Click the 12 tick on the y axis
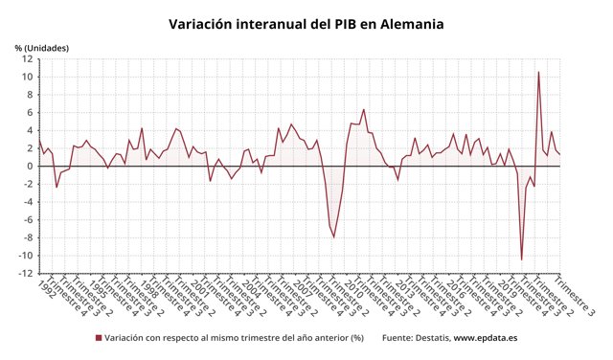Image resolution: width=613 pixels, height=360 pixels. pos(29,58)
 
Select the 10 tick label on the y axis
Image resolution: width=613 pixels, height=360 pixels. pos(29,77)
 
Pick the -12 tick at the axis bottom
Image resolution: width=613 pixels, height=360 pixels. pos(27,274)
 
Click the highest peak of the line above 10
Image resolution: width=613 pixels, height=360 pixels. pos(538,72)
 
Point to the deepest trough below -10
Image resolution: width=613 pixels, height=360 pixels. pos(522,259)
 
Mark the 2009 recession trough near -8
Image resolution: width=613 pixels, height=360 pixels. pos(334,236)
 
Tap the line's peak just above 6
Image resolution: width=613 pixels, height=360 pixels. pos(363,109)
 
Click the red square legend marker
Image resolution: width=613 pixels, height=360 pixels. pos(99,338)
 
